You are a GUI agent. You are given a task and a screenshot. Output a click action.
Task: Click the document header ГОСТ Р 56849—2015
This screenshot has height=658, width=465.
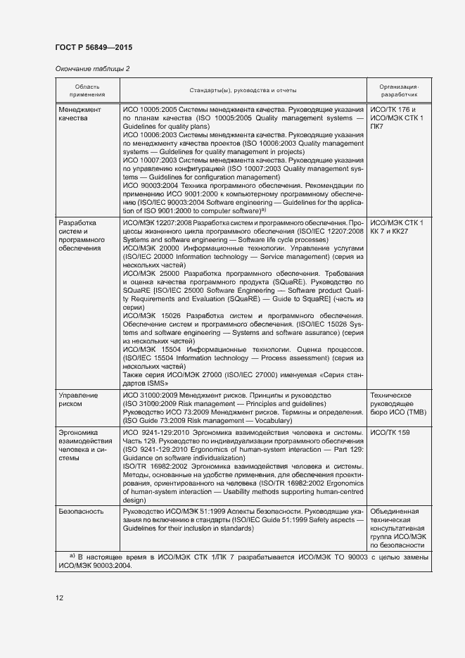pos(93,47)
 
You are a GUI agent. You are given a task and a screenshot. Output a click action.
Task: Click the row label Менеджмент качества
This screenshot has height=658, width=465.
pos(79,115)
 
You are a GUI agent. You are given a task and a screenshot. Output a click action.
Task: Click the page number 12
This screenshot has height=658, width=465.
pos(60,598)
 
